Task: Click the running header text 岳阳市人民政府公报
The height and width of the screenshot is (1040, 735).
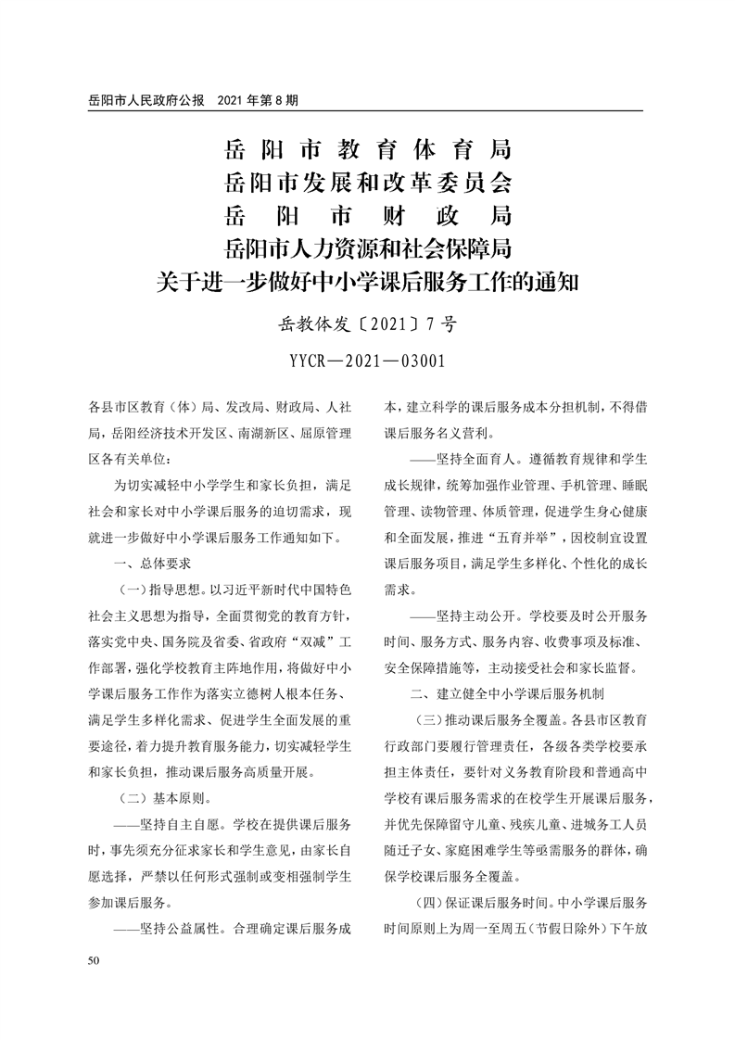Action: pos(145,99)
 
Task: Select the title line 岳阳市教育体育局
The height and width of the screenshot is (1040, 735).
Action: pos(367,148)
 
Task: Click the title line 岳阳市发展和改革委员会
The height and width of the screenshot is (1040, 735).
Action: pos(367,182)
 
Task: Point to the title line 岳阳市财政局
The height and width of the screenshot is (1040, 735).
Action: pos(367,215)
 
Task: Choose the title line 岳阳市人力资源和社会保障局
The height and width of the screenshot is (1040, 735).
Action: pos(367,248)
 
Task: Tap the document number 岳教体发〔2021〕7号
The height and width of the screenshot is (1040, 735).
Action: pos(367,325)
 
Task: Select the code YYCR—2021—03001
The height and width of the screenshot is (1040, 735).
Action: pos(367,361)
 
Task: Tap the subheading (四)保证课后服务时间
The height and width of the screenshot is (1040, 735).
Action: pos(468,901)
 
